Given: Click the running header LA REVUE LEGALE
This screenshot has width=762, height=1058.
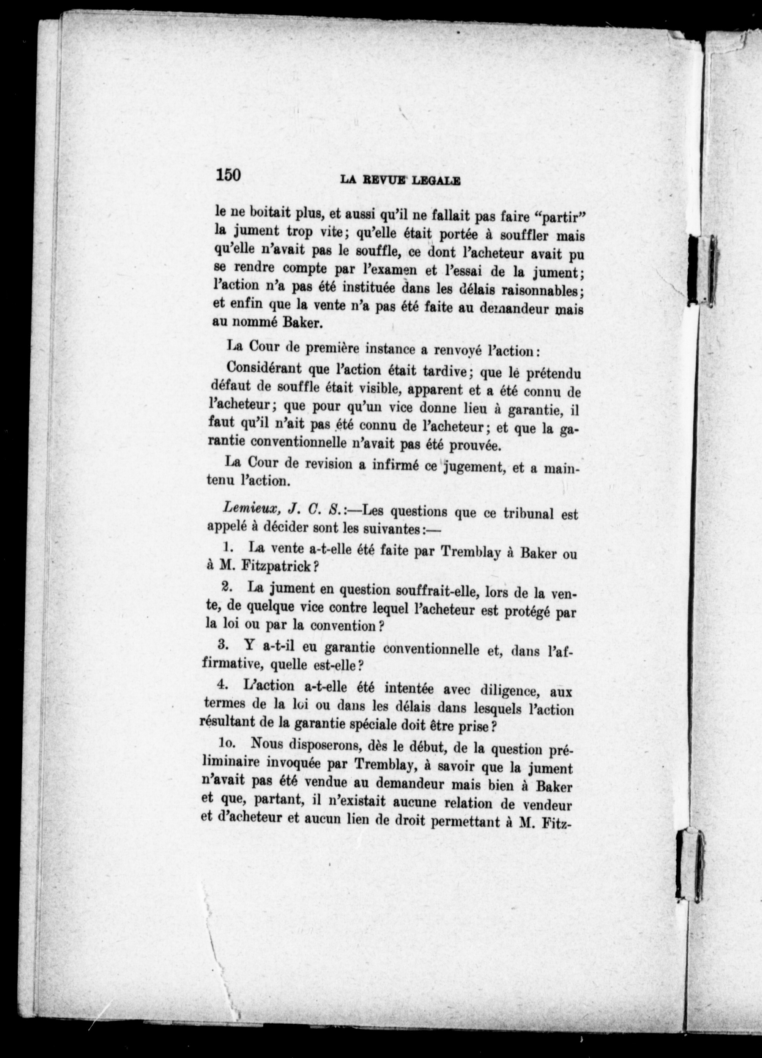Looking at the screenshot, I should tap(401, 180).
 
